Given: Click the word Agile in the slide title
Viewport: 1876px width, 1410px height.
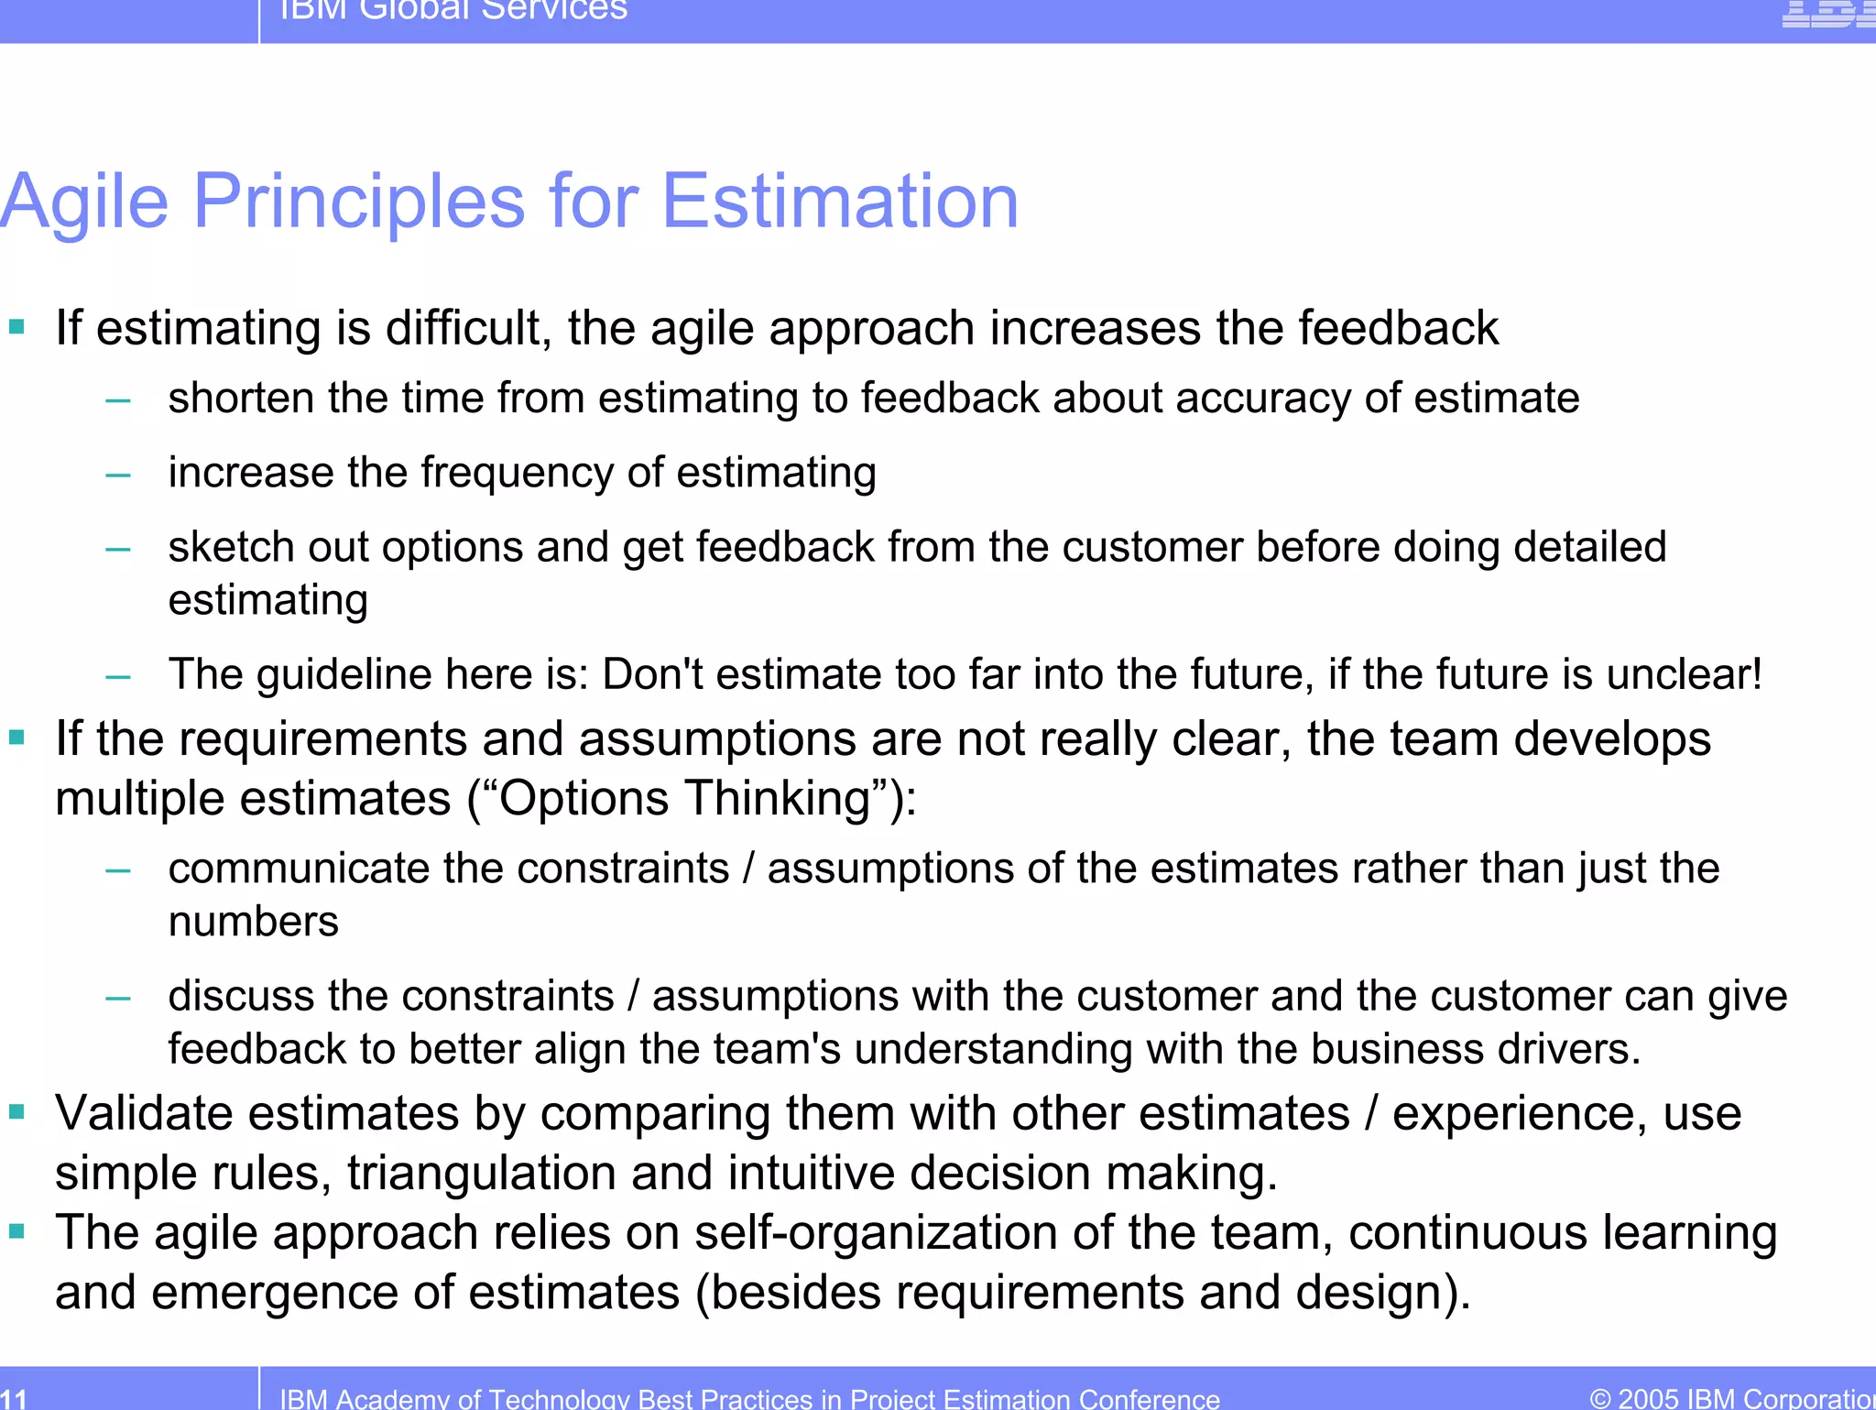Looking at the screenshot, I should pyautogui.click(x=84, y=202).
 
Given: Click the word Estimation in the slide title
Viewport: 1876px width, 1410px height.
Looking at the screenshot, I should pyautogui.click(x=839, y=202).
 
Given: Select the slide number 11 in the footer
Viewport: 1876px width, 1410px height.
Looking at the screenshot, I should pyautogui.click(x=14, y=1398).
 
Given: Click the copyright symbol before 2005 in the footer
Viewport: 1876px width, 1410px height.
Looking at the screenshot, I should pyautogui.click(x=1600, y=1399).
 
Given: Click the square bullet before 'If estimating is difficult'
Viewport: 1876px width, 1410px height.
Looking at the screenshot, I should pyautogui.click(x=16, y=326).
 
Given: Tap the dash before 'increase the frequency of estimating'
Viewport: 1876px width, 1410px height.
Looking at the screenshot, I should pyautogui.click(x=118, y=475).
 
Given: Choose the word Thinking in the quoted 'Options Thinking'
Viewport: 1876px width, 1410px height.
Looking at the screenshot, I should pyautogui.click(x=778, y=798).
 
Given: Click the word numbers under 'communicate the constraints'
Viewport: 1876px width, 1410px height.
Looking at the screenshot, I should pyautogui.click(x=253, y=922).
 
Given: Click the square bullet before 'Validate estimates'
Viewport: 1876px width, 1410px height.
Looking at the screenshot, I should pyautogui.click(x=16, y=1111).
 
